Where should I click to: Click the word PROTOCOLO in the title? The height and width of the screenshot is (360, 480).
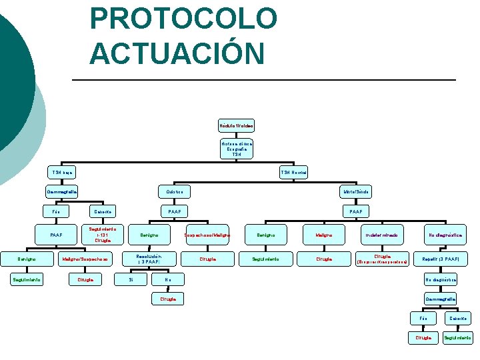[x=183, y=19]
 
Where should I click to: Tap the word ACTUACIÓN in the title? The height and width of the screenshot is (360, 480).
[x=177, y=53]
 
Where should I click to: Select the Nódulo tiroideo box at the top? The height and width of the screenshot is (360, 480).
[x=236, y=125]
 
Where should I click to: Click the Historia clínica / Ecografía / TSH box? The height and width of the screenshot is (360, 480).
[x=237, y=149]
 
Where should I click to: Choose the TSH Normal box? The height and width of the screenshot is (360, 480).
[x=293, y=173]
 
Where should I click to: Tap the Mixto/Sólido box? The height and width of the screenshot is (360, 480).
[x=356, y=192]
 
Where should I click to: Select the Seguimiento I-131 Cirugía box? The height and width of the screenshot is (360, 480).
[x=103, y=235]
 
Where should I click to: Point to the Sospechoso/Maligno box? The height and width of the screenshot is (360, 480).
[x=208, y=235]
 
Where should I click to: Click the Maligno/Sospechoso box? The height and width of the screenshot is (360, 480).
[x=85, y=258]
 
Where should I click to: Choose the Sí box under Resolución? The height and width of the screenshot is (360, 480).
[x=131, y=279]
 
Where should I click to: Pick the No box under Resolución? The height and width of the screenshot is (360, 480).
[x=168, y=279]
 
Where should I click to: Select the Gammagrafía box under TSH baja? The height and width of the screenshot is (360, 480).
[x=62, y=192]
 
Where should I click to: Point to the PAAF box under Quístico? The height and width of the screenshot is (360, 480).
[x=175, y=211]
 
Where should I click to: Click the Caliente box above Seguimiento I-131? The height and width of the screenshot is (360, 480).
[x=103, y=211]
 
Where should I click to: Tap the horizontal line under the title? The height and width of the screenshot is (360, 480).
[x=267, y=80]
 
